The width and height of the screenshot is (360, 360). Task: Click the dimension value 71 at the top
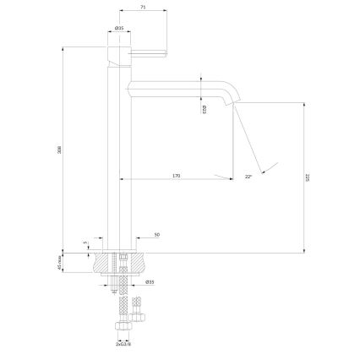(145, 7)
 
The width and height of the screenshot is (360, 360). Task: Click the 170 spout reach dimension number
(176, 176)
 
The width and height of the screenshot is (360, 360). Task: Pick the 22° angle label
(248, 177)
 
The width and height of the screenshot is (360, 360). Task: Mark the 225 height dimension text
(309, 178)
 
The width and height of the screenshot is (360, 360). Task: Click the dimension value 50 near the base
(157, 234)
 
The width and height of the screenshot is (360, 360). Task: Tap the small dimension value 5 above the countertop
(86, 243)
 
